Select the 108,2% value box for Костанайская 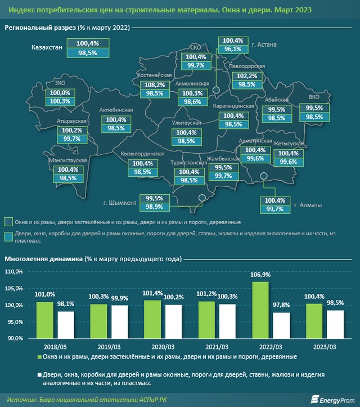(150, 84)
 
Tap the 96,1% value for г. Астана (232, 49)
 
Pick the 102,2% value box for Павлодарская (247, 76)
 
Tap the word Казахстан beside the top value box (46, 47)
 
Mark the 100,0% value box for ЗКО (60, 93)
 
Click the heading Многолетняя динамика (43, 259)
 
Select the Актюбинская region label (116, 110)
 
